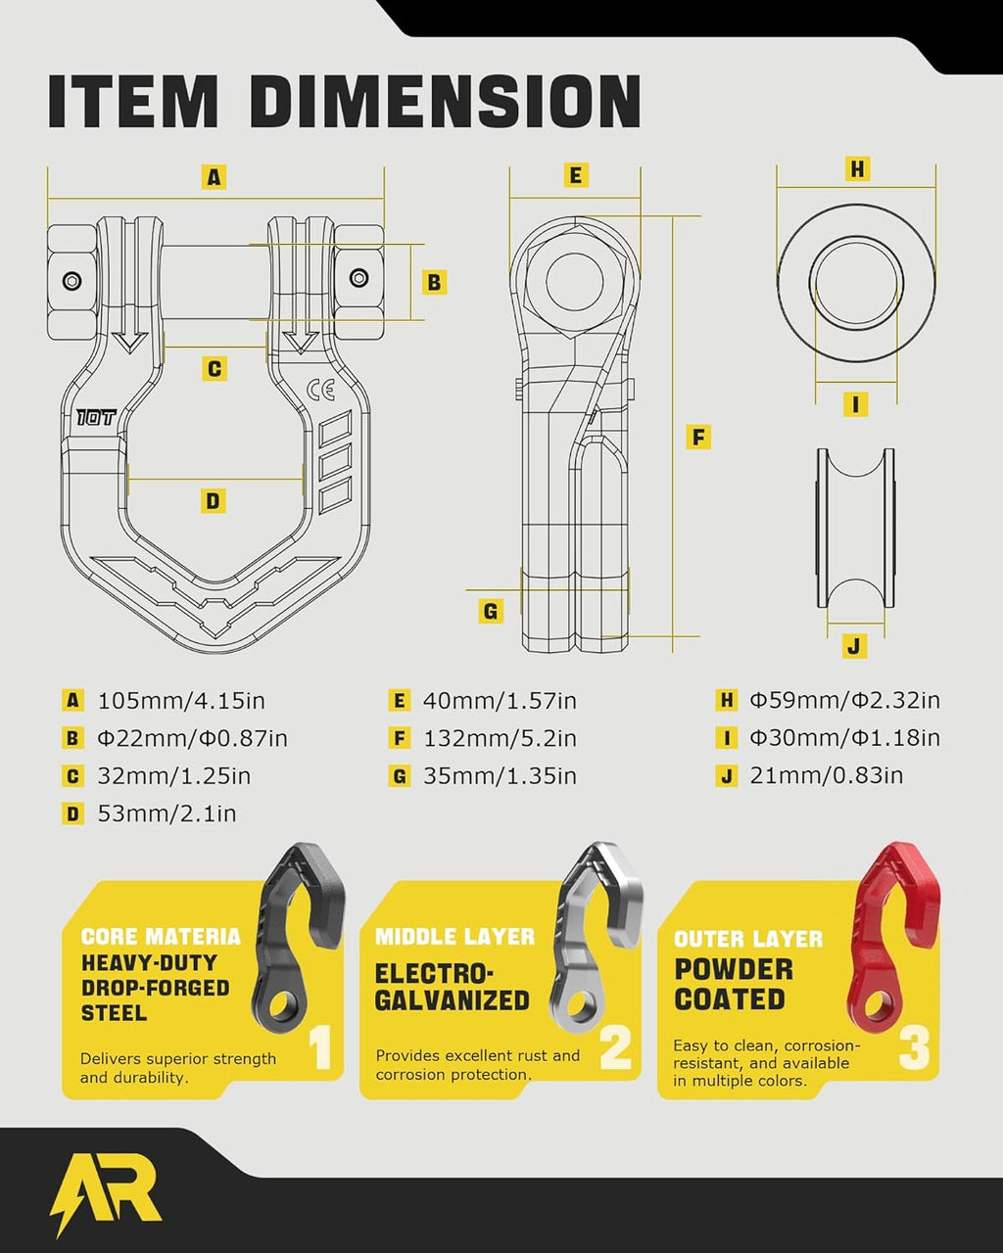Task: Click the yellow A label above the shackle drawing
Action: click(x=214, y=176)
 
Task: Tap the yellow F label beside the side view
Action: click(x=698, y=437)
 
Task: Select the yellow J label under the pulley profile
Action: click(x=854, y=646)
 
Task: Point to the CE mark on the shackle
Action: click(x=321, y=391)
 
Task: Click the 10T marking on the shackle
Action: click(x=96, y=416)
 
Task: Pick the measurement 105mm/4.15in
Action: click(x=181, y=701)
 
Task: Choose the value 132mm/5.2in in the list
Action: click(x=501, y=738)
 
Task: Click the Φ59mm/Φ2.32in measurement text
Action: click(x=845, y=700)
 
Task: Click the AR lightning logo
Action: click(x=105, y=1193)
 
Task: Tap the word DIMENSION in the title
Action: click(x=446, y=101)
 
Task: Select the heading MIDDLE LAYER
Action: click(x=454, y=937)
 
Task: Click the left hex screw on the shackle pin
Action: click(x=72, y=281)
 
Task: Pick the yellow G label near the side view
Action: click(x=491, y=612)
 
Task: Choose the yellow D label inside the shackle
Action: click(x=213, y=501)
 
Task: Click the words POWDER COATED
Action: click(x=734, y=984)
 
